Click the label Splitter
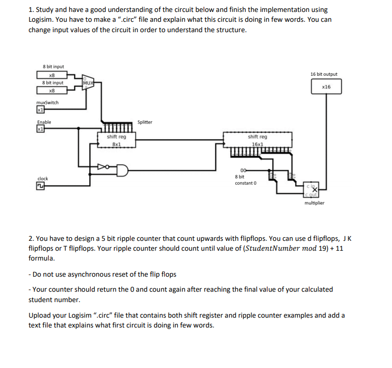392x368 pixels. (145, 122)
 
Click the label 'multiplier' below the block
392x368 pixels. (315, 203)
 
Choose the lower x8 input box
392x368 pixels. (52, 90)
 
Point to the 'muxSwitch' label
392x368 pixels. (47, 102)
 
